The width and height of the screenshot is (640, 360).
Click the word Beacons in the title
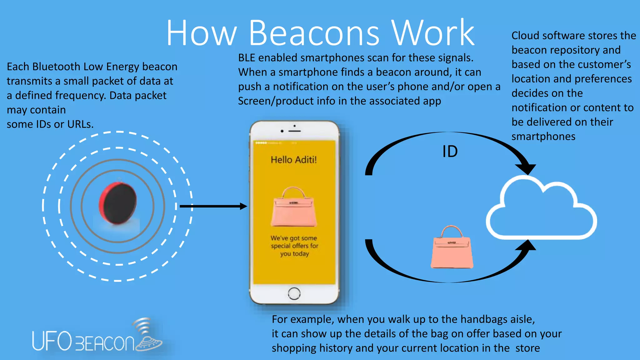(314, 33)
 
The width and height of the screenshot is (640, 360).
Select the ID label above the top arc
(450, 152)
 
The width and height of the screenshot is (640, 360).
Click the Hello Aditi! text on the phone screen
(293, 160)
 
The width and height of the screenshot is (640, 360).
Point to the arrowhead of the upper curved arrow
(526, 169)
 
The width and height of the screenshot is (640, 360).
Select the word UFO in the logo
(52, 341)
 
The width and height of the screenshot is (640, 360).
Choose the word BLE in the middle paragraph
(247, 58)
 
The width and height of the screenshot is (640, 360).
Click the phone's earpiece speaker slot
(294, 131)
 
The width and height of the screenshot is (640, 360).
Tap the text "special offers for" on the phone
(294, 246)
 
